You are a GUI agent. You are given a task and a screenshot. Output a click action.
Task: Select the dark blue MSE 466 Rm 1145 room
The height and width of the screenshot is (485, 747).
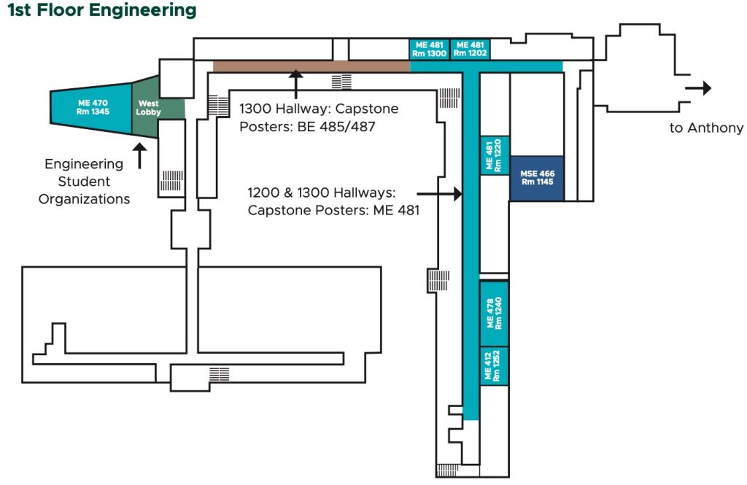pos(536,179)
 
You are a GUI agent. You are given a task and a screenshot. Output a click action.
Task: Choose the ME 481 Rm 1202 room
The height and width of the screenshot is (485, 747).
pos(471,49)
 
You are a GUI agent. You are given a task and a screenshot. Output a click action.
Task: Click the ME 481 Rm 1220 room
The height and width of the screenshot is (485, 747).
pos(494,155)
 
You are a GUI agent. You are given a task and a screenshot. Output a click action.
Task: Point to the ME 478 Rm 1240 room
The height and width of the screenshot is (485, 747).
pos(494,313)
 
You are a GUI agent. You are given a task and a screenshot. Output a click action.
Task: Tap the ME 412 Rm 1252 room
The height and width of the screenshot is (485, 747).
pos(494,366)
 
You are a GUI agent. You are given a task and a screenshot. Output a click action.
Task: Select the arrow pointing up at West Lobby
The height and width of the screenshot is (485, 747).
pos(139,155)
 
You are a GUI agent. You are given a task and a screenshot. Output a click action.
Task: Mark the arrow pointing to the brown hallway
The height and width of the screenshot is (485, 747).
pos(295,83)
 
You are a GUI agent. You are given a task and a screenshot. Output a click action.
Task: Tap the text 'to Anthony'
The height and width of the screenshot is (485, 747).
pos(706,128)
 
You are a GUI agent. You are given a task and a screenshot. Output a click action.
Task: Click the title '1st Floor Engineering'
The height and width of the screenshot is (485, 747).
pos(101,10)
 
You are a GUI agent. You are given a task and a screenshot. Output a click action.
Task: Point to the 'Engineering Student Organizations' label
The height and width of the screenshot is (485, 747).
pos(84,182)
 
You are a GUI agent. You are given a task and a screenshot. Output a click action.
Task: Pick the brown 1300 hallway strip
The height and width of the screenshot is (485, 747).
pos(311,66)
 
